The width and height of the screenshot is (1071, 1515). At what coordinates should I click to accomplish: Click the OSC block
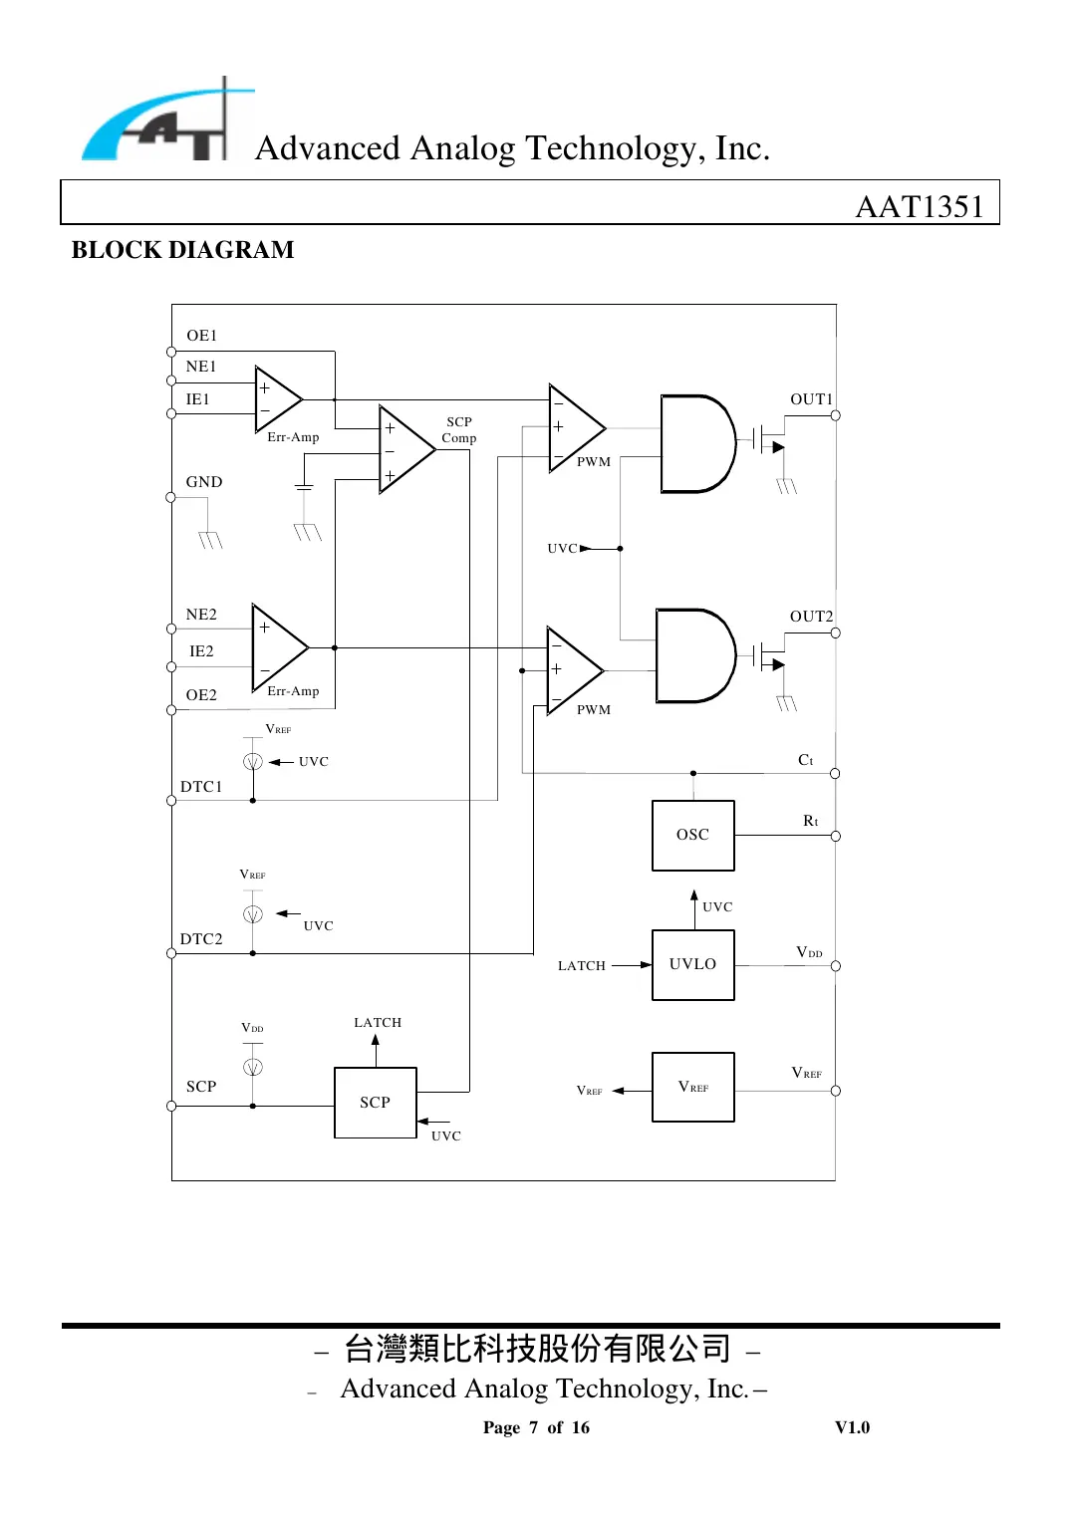pyautogui.click(x=692, y=835)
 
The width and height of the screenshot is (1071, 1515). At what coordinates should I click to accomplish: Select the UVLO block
pyautogui.click(x=692, y=964)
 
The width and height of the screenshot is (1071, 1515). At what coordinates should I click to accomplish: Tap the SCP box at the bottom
pyautogui.click(x=375, y=1102)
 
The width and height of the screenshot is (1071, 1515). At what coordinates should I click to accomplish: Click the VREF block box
pyautogui.click(x=692, y=1087)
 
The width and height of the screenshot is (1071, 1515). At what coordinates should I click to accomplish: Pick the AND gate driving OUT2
pyautogui.click(x=693, y=655)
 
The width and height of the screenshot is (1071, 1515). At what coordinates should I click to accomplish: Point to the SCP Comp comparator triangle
pyautogui.click(x=403, y=449)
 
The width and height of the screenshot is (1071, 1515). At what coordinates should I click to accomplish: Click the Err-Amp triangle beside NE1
pyautogui.click(x=276, y=399)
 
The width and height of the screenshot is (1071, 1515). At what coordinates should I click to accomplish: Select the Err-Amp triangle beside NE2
pyautogui.click(x=277, y=646)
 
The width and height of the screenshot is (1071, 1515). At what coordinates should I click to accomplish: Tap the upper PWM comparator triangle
pyautogui.click(x=574, y=429)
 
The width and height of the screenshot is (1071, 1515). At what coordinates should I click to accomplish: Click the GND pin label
pyautogui.click(x=204, y=482)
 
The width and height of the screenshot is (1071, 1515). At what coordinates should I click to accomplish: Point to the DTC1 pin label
pyautogui.click(x=201, y=787)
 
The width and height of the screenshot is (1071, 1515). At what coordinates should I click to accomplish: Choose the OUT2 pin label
pyautogui.click(x=811, y=617)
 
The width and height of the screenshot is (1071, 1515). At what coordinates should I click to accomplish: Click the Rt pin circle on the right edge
pyautogui.click(x=835, y=836)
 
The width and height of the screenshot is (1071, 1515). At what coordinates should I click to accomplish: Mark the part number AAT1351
pyautogui.click(x=920, y=206)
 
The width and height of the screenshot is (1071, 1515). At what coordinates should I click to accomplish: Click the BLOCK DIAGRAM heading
pyautogui.click(x=182, y=250)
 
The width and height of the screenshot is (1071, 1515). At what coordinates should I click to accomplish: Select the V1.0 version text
pyautogui.click(x=852, y=1427)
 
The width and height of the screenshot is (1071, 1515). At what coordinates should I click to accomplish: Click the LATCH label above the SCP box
pyautogui.click(x=378, y=1023)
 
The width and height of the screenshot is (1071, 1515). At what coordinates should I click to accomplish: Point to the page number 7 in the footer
pyautogui.click(x=533, y=1427)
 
